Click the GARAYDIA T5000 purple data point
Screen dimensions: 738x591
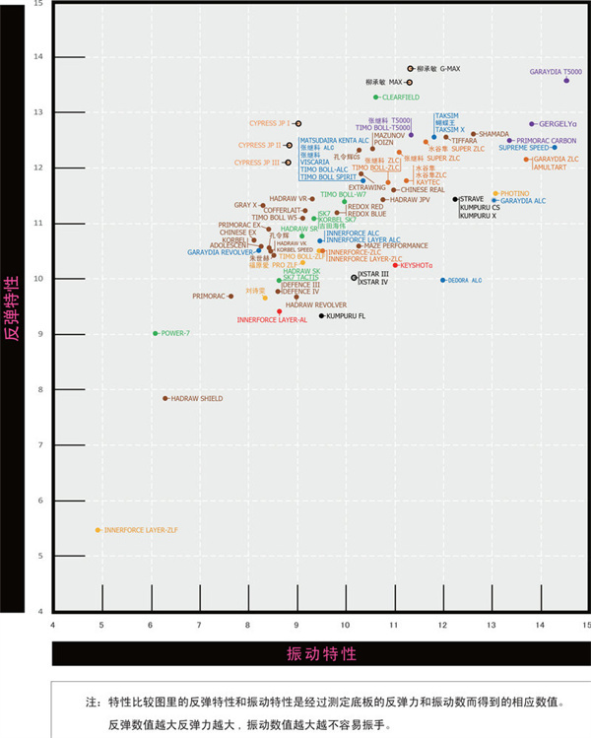tap(566, 80)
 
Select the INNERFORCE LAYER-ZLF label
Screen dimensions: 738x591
tap(141, 530)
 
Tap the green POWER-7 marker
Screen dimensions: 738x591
tap(156, 333)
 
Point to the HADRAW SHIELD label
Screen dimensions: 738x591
tap(197, 398)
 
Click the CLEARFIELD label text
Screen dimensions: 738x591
tap(400, 97)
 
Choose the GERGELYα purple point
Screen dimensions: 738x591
tap(532, 124)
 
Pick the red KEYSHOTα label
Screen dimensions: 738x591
tap(417, 265)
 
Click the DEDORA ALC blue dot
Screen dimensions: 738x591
tap(443, 280)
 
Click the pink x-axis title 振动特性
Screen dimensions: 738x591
tap(320, 653)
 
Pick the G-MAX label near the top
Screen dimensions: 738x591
tap(450, 69)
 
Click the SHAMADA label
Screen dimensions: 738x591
tap(493, 134)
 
